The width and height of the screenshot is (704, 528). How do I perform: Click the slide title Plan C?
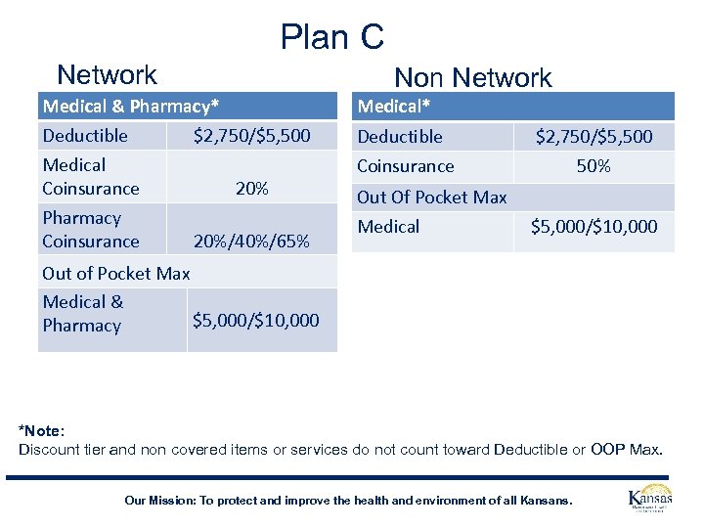[332, 37]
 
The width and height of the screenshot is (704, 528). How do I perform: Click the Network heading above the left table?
[107, 74]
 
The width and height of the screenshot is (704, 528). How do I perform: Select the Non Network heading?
[472, 78]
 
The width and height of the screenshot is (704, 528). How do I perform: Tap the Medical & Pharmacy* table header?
[130, 106]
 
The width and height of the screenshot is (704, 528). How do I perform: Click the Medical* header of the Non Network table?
[394, 106]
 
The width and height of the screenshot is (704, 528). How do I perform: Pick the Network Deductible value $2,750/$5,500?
[252, 135]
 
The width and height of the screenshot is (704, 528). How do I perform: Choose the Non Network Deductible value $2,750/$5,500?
[594, 137]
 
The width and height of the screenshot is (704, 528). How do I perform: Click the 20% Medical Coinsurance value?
[252, 188]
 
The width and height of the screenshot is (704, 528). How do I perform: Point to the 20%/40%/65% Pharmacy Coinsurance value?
[252, 241]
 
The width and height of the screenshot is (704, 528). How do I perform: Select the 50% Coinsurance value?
[594, 166]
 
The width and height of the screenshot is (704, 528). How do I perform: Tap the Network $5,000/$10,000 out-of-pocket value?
[256, 320]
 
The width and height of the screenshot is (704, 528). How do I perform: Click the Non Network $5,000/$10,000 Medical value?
[594, 227]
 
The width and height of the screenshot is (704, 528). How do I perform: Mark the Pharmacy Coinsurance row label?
[91, 229]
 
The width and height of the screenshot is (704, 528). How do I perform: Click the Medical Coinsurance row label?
[91, 176]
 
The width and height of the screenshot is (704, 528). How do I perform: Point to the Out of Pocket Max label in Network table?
[115, 273]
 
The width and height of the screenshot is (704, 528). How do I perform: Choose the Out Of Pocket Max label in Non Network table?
[431, 197]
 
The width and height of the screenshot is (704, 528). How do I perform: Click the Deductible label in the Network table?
[85, 135]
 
